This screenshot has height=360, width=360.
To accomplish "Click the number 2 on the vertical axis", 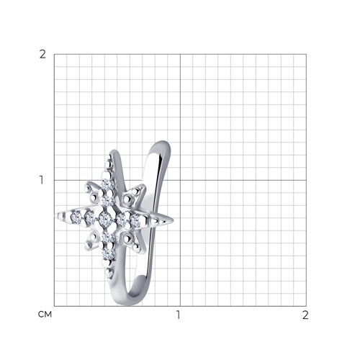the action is pyautogui.click(x=42, y=55).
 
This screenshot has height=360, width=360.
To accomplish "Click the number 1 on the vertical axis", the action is pyautogui.click(x=42, y=180).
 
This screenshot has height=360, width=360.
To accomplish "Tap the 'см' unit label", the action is pyautogui.click(x=45, y=315).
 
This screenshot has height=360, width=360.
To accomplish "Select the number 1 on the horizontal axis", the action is pyautogui.click(x=178, y=315).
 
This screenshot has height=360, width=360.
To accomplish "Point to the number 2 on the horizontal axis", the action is pyautogui.click(x=305, y=315).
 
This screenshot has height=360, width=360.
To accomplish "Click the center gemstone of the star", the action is pyautogui.click(x=104, y=219).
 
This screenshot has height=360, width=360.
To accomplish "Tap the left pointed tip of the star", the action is pyautogui.click(x=55, y=215).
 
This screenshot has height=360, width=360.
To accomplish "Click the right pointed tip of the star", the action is pyautogui.click(x=173, y=220).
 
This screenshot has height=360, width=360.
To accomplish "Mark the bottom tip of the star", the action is pyautogui.click(x=109, y=279).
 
